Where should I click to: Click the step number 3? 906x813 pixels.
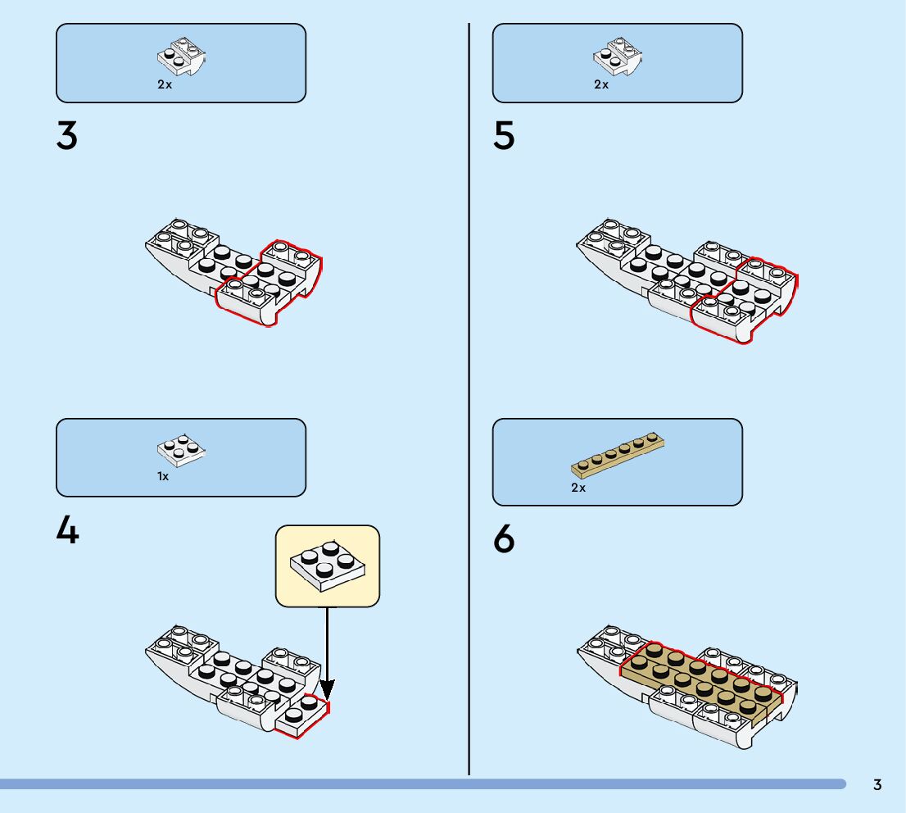tap(67, 136)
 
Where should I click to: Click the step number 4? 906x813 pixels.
tap(67, 531)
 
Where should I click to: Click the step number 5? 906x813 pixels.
tap(504, 136)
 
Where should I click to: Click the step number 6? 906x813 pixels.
tap(504, 540)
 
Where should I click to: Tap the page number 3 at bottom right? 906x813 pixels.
tap(877, 784)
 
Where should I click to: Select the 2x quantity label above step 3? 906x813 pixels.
tap(165, 84)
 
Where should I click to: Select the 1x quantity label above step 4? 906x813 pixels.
tap(163, 476)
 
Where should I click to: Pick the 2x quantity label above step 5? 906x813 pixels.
tap(601, 84)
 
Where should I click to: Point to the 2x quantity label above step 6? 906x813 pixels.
tap(578, 488)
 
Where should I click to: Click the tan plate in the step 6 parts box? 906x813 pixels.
tap(617, 455)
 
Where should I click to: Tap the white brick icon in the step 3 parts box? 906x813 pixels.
tap(181, 57)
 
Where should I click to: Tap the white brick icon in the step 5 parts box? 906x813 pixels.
tap(617, 57)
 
